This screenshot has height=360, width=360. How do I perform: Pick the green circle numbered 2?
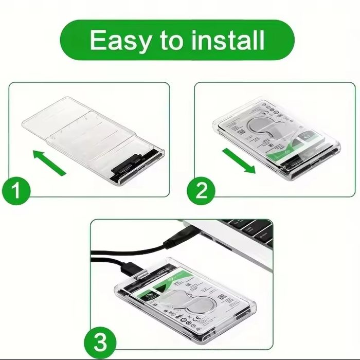pyautogui.click(x=202, y=191)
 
